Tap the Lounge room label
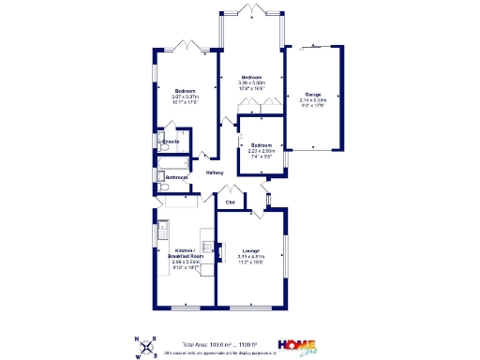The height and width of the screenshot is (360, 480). point(250,250)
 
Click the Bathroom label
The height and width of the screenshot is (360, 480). point(177,177)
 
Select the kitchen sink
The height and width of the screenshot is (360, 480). point(162,228)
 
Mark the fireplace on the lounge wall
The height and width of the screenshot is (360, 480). point(222,249)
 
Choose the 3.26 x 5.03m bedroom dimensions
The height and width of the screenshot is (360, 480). point(251,82)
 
